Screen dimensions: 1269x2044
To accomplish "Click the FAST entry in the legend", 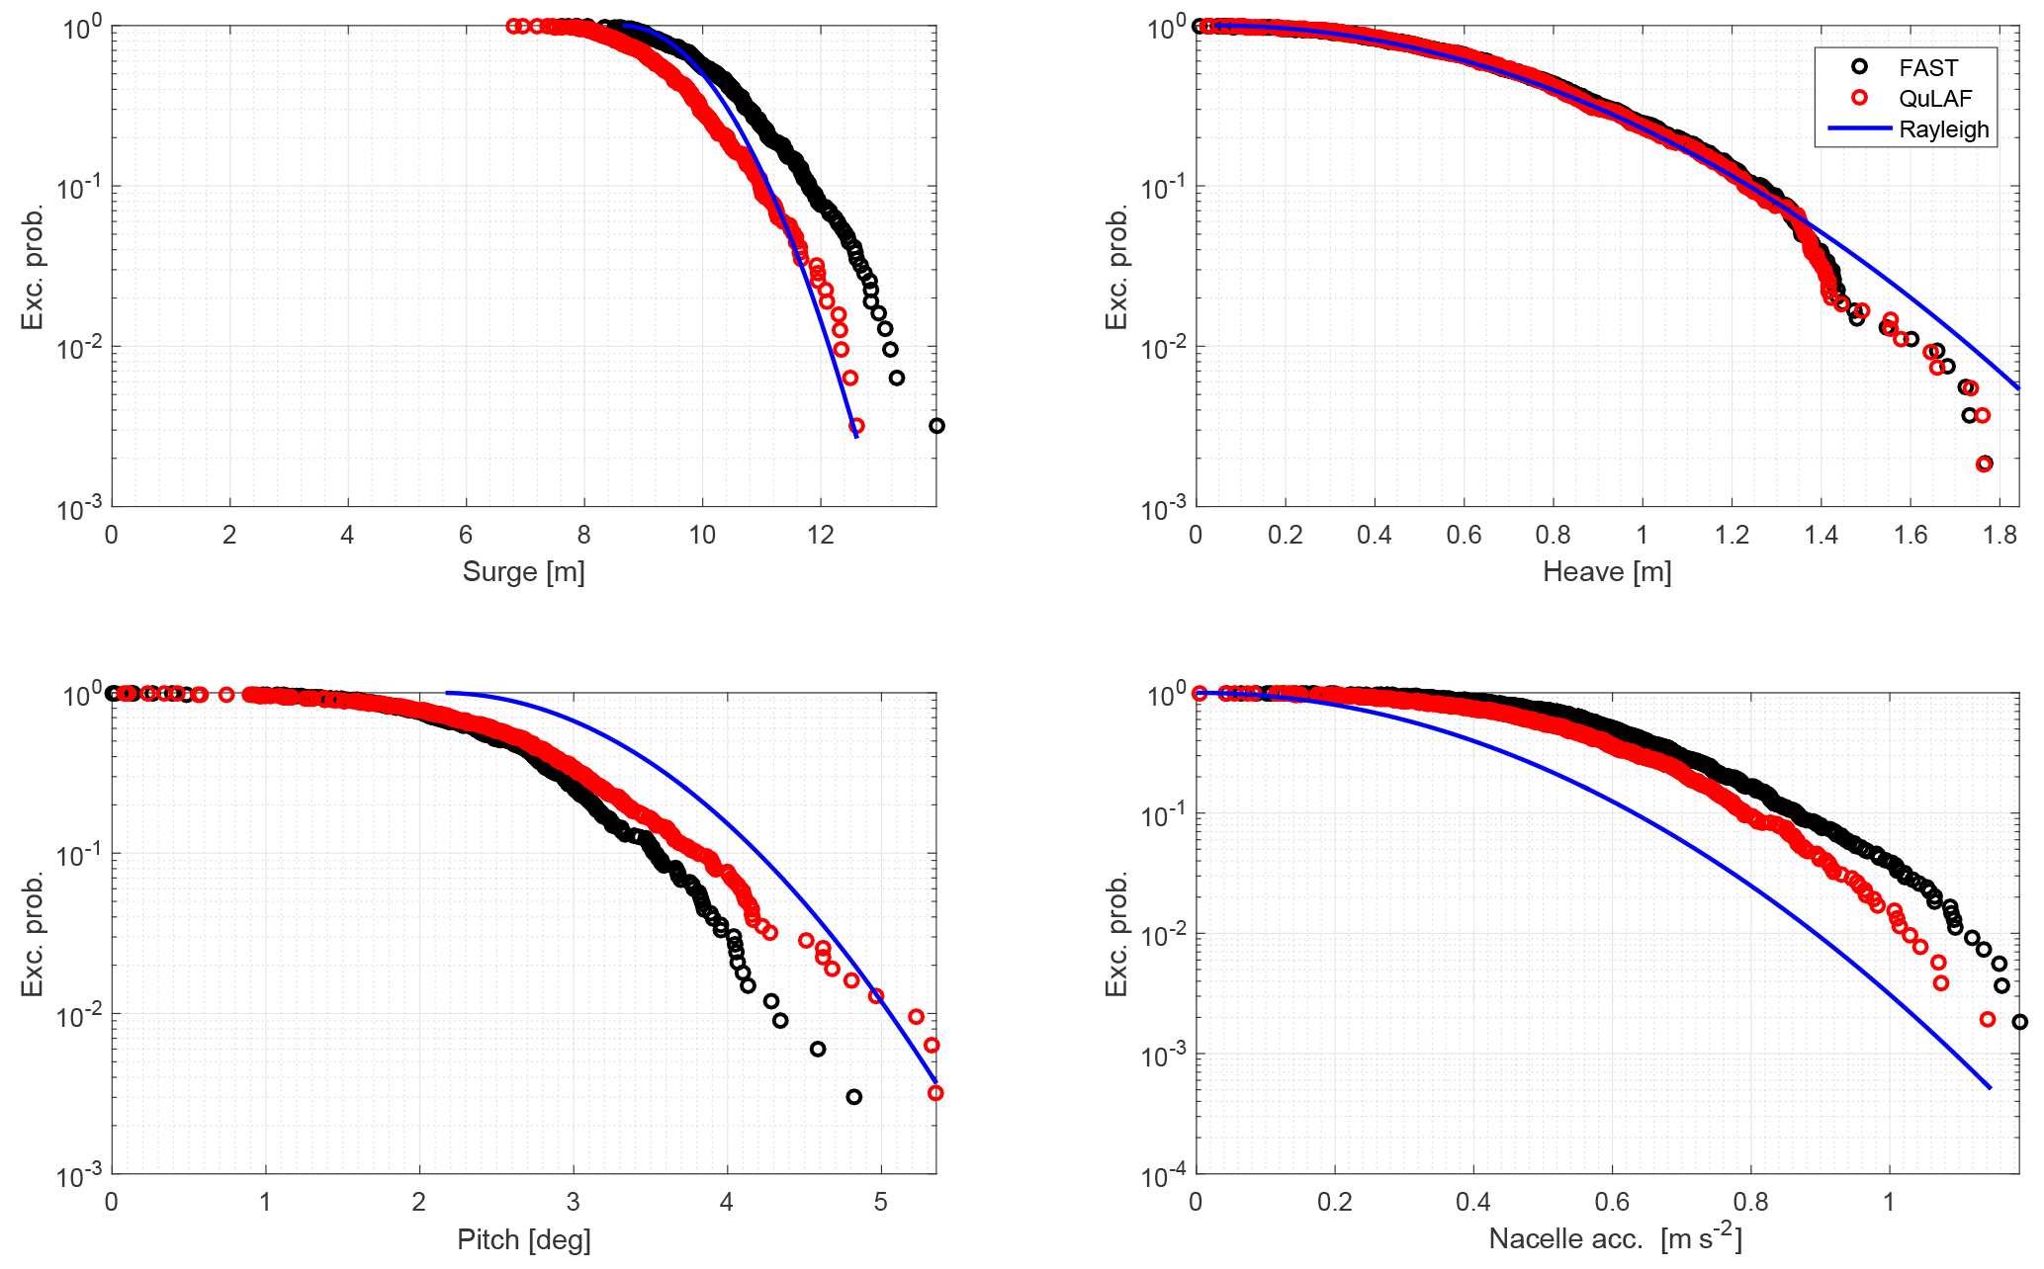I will (1927, 67).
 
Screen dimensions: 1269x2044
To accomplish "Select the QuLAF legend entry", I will (1934, 98).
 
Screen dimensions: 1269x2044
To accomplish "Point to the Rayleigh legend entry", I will (1943, 129).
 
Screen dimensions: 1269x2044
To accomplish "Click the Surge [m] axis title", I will (523, 571).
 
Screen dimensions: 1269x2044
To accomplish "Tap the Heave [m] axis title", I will (1607, 571).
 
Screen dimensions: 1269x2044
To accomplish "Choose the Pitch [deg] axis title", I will (523, 1239).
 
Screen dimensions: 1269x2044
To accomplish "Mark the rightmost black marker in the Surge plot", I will (936, 426).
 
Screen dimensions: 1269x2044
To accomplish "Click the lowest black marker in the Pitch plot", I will (853, 1097).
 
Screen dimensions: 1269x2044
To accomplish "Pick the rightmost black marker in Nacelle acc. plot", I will (2019, 1022).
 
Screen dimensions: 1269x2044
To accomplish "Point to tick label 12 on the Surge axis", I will (820, 535).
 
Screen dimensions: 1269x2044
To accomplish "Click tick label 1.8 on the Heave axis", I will (2000, 535).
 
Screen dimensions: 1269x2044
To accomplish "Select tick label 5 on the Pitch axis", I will (880, 1203).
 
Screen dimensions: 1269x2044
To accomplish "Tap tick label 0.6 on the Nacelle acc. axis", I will (1612, 1203).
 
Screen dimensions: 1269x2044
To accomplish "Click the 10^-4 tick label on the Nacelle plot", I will (1164, 1177).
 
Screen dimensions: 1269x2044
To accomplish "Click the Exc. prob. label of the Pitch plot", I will (33, 934).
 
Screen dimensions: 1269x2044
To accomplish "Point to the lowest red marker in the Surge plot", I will (856, 426).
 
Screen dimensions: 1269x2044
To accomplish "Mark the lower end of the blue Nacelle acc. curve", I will (1990, 1089).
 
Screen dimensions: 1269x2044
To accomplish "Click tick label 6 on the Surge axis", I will (465, 535).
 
